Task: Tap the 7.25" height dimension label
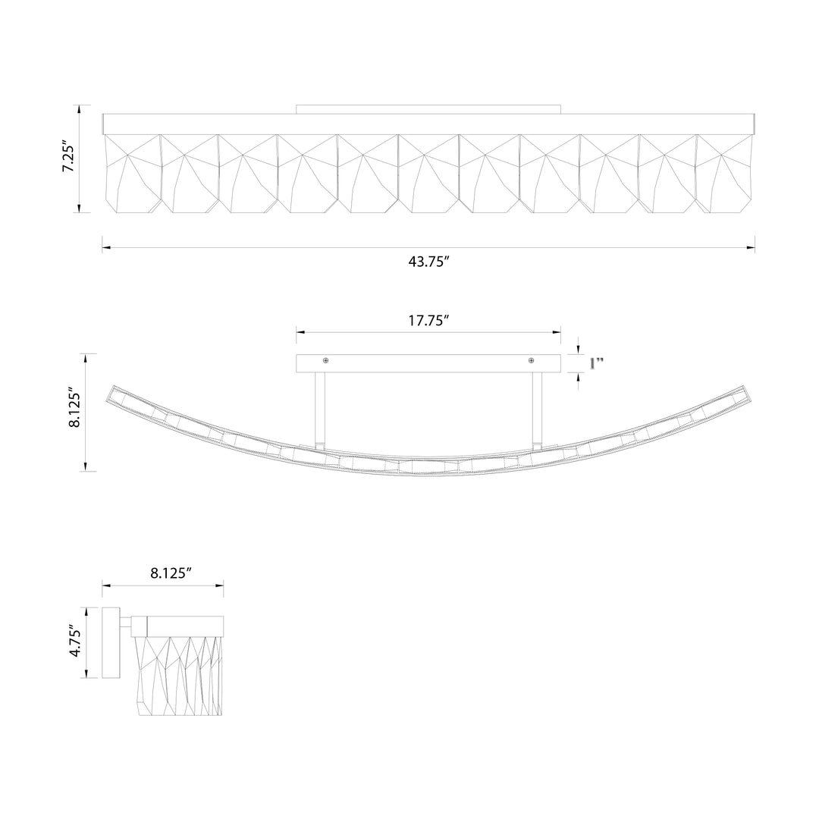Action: coord(68,155)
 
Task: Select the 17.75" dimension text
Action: coord(428,320)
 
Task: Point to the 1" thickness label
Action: coord(597,363)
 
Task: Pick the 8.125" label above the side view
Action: coord(168,573)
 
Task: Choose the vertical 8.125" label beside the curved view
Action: coord(75,408)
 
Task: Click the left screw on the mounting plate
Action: coord(326,360)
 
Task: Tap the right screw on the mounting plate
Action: coord(531,360)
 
